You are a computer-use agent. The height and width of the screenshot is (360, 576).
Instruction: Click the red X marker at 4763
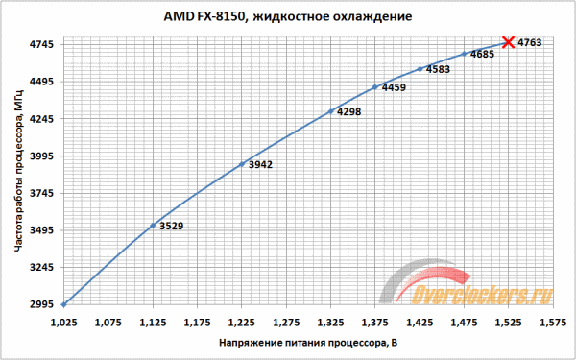click(x=508, y=42)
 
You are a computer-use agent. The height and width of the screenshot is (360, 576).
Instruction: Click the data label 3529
click(x=171, y=227)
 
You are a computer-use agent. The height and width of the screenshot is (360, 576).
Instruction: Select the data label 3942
click(x=260, y=165)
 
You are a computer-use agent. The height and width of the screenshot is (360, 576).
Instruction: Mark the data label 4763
click(x=530, y=42)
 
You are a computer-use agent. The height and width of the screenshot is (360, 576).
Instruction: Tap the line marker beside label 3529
click(x=152, y=226)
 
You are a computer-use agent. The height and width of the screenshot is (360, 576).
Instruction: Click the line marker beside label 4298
click(x=330, y=111)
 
